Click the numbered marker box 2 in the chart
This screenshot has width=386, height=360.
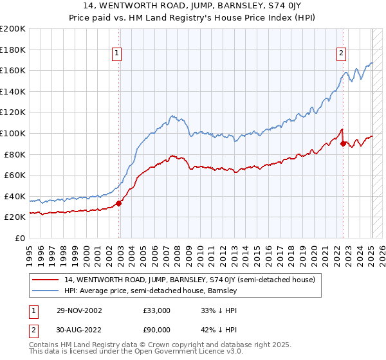click(x=341, y=54)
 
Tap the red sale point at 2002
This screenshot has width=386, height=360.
click(x=119, y=204)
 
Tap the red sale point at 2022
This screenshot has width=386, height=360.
click(x=344, y=143)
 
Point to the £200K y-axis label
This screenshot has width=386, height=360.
click(x=13, y=29)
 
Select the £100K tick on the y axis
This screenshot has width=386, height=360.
click(x=13, y=133)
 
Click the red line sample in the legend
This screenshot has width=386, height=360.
click(x=47, y=280)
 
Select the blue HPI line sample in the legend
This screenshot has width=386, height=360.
click(x=47, y=291)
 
